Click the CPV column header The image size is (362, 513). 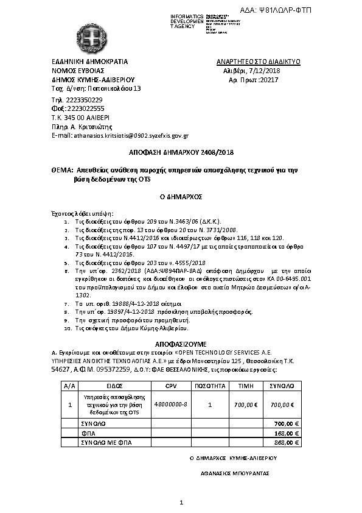(172, 386)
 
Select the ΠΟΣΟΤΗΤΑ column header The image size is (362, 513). (210, 386)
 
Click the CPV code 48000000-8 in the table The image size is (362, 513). (172, 405)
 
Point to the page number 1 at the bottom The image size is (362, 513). (181, 502)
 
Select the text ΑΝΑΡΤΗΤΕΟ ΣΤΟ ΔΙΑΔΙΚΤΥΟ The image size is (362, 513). (258, 62)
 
